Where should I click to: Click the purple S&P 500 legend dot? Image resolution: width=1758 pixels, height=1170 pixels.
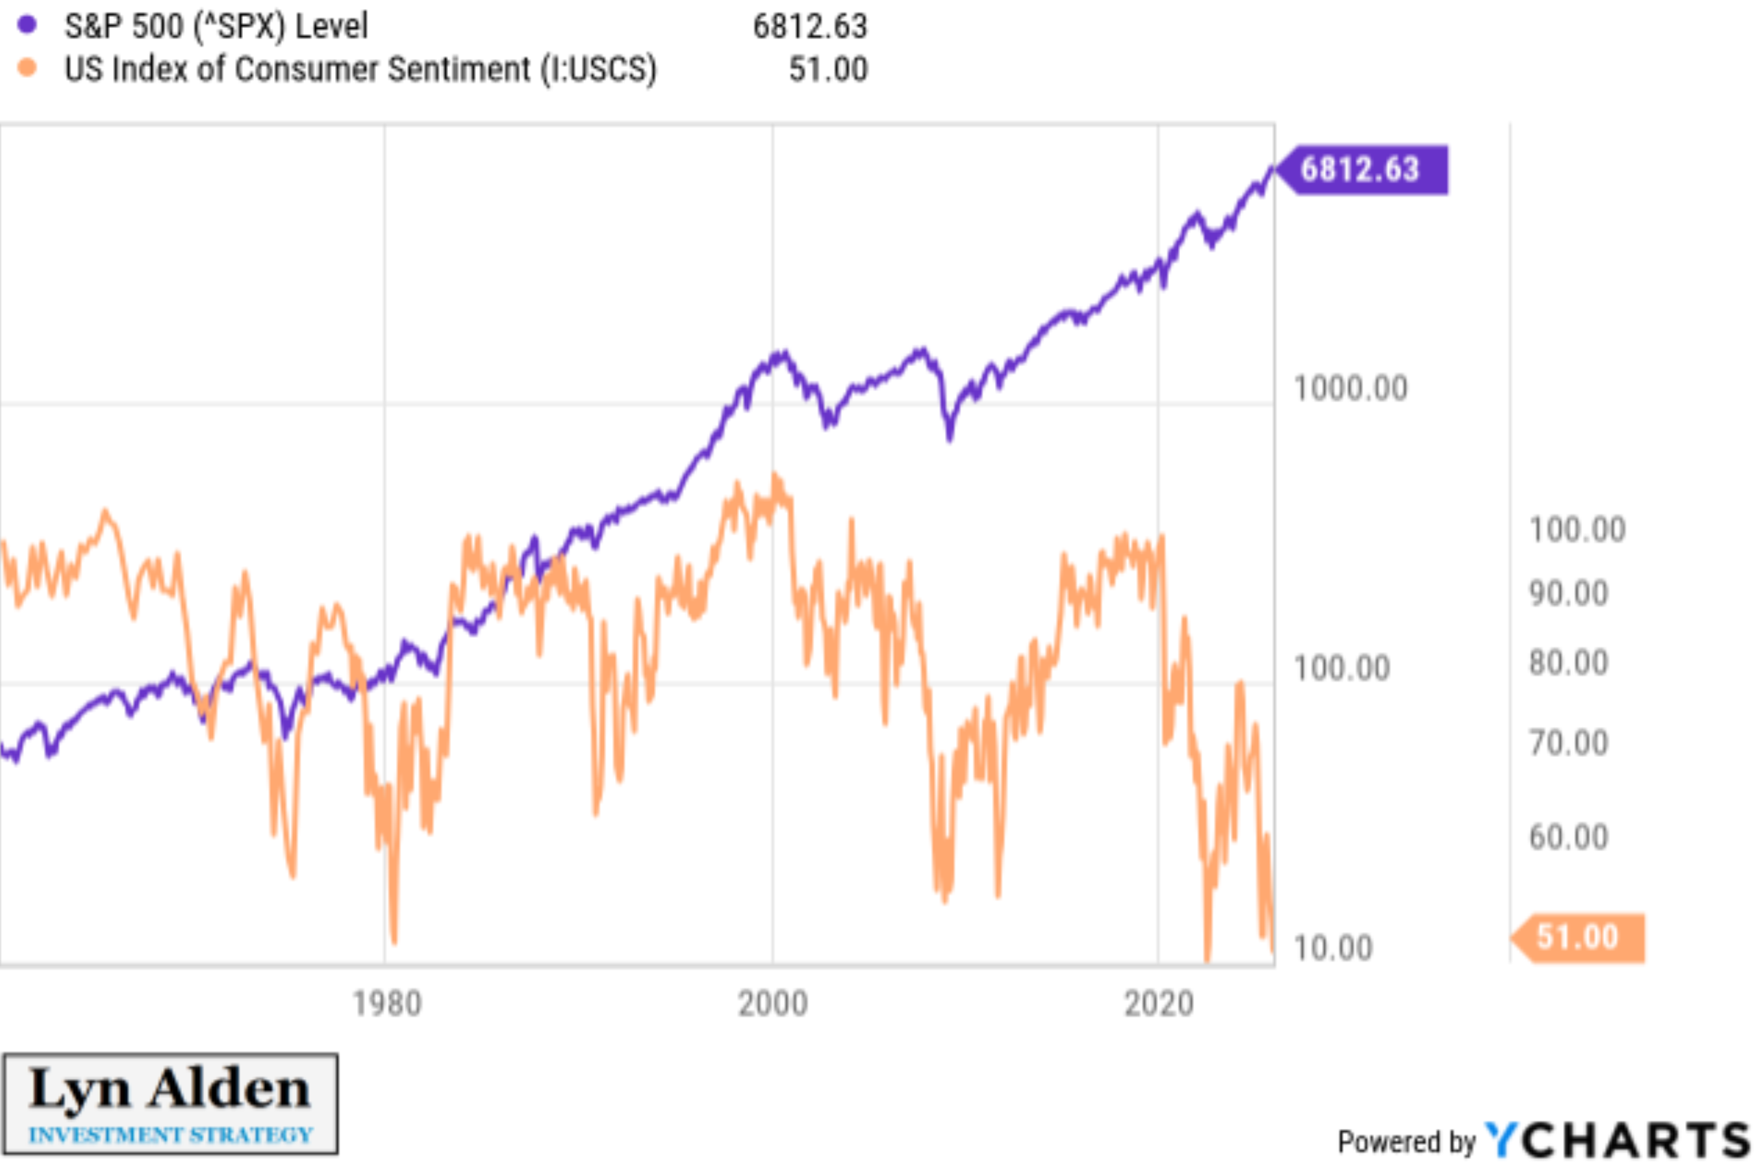coord(27,25)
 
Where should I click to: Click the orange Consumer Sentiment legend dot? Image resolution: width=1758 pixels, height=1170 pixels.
coord(27,68)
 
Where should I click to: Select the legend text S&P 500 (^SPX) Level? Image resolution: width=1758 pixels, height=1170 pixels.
coord(216,27)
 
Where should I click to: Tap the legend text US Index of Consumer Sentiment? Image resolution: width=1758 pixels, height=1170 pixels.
coord(360,69)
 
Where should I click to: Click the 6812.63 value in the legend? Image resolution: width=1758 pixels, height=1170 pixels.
coord(810,27)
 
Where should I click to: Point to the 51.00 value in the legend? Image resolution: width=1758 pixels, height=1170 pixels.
coord(827,69)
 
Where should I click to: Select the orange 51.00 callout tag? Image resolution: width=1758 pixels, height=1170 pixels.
coord(1577,936)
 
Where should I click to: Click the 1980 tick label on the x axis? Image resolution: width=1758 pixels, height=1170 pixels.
coord(386,1004)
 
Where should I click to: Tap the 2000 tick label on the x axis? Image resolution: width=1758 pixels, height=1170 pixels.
coord(772,1004)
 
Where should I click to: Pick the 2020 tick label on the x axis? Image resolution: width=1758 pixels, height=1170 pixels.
coord(1158,1004)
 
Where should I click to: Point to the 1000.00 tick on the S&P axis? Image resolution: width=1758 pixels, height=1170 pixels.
coord(1350,389)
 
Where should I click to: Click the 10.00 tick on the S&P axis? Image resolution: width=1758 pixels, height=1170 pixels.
coord(1333,948)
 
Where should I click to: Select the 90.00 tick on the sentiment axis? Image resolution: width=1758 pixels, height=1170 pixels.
coord(1568,594)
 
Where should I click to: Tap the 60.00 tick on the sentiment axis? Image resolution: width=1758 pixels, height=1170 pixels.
coord(1568,837)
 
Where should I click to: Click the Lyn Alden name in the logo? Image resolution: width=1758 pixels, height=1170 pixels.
coord(170,1089)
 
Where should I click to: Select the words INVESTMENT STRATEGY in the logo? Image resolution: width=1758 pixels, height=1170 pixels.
coord(170,1135)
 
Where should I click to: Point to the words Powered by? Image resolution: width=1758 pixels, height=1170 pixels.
coord(1406,1141)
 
